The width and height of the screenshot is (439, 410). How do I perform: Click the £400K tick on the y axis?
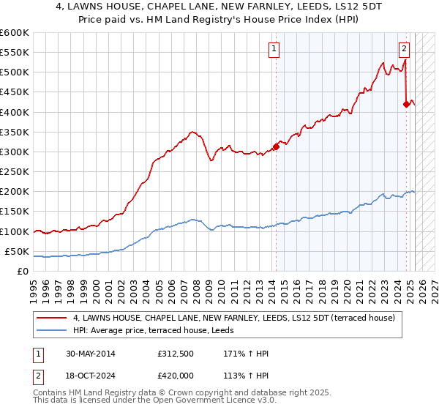click(15, 112)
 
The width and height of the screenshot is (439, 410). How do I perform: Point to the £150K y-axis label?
click(15, 212)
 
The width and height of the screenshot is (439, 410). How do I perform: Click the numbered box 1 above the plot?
click(273, 49)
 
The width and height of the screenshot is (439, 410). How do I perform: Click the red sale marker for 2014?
click(277, 146)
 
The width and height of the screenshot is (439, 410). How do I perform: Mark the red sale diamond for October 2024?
click(406, 104)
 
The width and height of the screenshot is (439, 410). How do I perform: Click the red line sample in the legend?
click(51, 317)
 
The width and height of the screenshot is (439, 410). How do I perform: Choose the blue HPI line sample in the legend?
click(51, 329)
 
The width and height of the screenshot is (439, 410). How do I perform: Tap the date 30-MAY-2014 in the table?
click(94, 354)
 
